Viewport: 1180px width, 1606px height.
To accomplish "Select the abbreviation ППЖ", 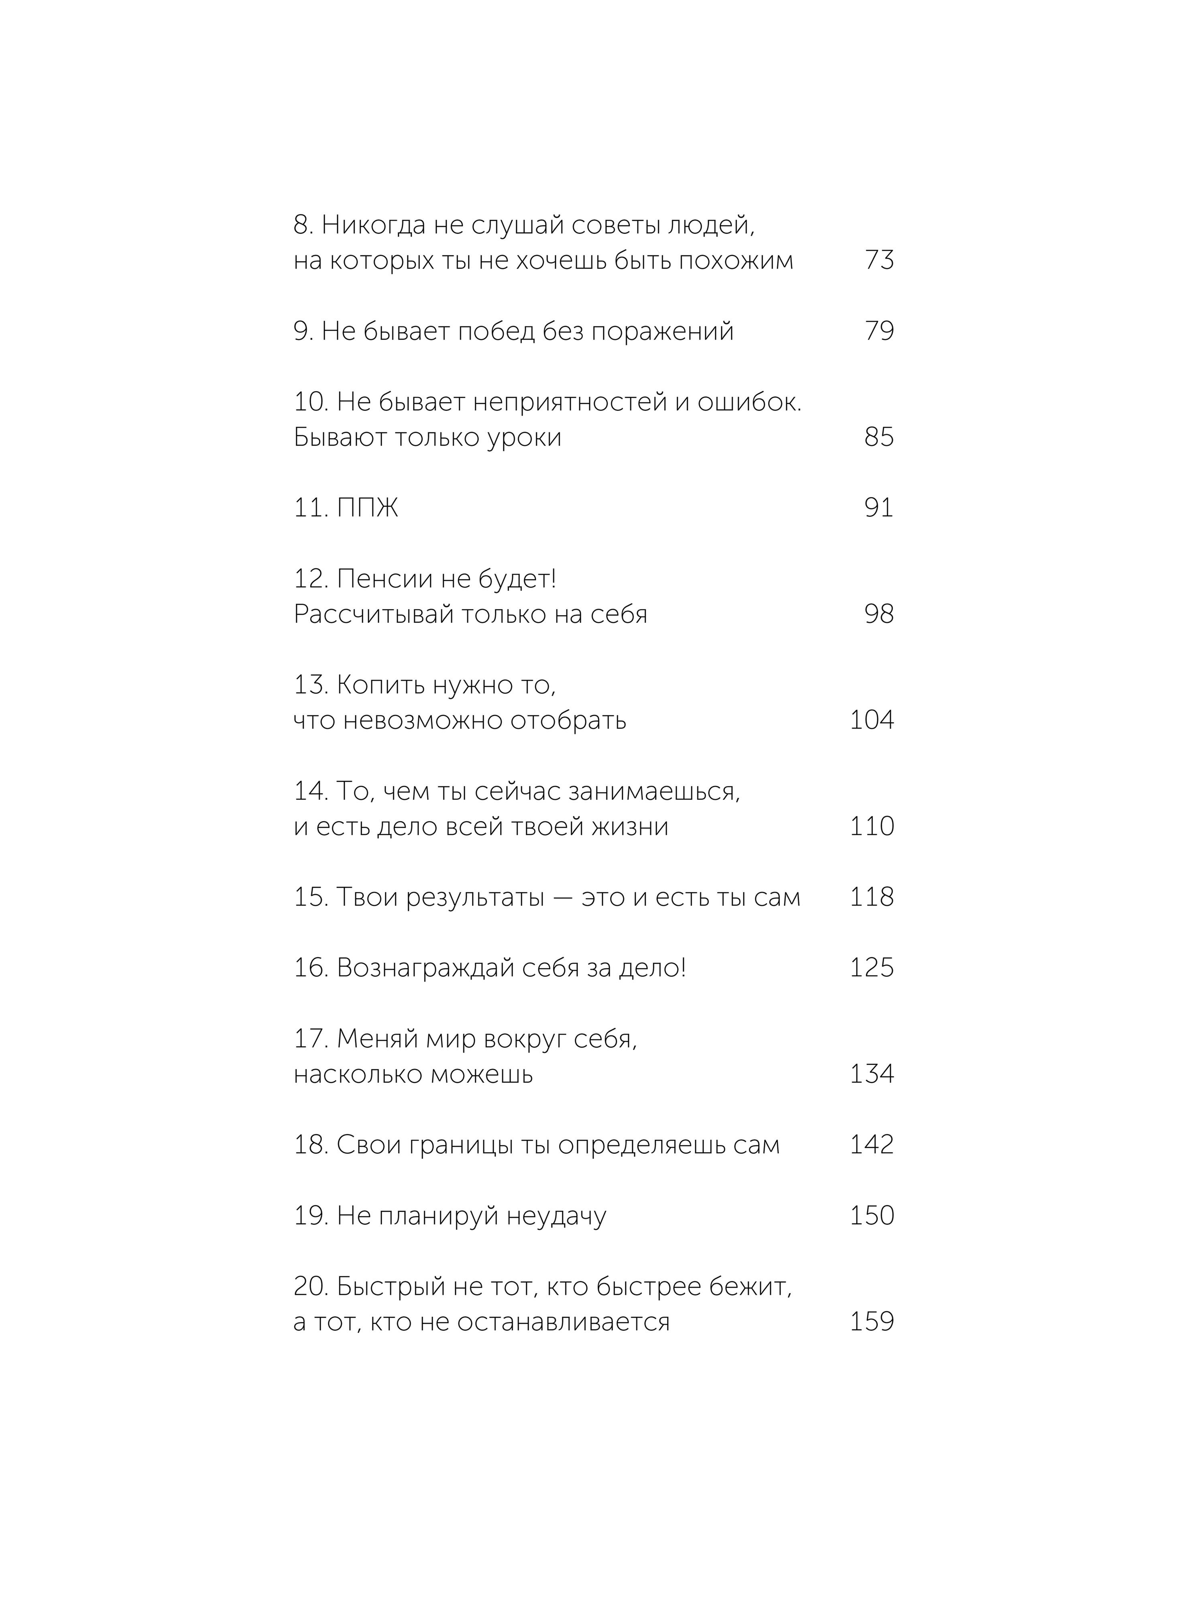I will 367,508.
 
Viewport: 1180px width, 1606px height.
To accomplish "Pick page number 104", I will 871,720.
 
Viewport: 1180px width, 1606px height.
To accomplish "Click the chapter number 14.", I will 310,791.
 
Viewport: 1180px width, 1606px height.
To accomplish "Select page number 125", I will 871,968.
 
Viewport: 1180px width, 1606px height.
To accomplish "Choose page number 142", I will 871,1145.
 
